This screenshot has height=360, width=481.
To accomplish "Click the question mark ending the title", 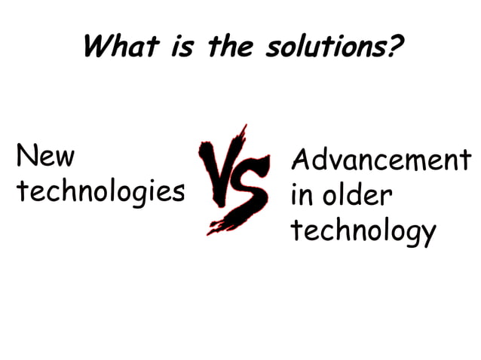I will (x=393, y=47).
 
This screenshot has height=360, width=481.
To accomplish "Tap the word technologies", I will (x=100, y=191).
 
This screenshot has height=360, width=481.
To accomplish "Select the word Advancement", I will (x=381, y=161).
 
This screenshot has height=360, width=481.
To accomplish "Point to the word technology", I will (x=363, y=232).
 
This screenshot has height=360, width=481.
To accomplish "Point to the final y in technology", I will (x=427, y=234).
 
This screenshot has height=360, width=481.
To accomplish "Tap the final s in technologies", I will (x=178, y=193).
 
